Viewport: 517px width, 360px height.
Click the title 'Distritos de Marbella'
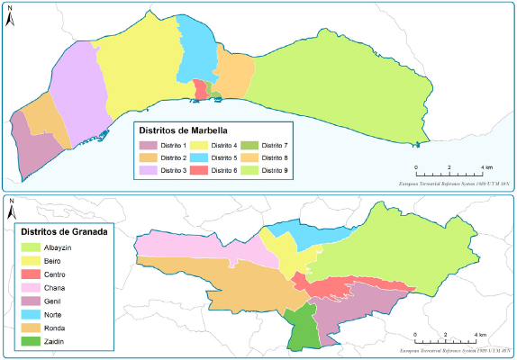189,129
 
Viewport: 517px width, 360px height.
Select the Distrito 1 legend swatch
149,145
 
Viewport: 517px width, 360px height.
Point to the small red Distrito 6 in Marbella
199,89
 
